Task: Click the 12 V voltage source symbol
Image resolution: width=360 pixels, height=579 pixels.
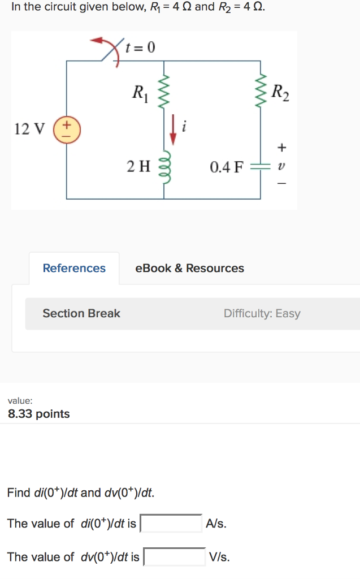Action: (67, 128)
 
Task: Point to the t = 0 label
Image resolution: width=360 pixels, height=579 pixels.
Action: (140, 47)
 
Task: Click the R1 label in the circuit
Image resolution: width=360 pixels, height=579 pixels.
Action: (138, 91)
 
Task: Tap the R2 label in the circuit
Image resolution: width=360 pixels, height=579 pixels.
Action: (280, 92)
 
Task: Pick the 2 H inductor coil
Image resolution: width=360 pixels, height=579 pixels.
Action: (164, 166)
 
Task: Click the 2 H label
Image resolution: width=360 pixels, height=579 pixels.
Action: (138, 166)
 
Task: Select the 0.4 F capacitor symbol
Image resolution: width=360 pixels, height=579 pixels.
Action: (261, 166)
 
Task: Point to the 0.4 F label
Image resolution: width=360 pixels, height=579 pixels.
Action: (226, 167)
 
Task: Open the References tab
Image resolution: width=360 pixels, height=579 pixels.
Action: (74, 268)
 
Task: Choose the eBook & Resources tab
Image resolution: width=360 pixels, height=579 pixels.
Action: (190, 268)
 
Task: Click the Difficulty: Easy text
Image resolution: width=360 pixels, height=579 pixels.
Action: (262, 313)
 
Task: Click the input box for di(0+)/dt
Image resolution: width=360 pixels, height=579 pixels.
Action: (171, 524)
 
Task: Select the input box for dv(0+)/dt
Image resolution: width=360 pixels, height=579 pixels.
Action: (175, 557)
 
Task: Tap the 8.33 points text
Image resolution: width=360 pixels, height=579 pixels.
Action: (39, 414)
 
